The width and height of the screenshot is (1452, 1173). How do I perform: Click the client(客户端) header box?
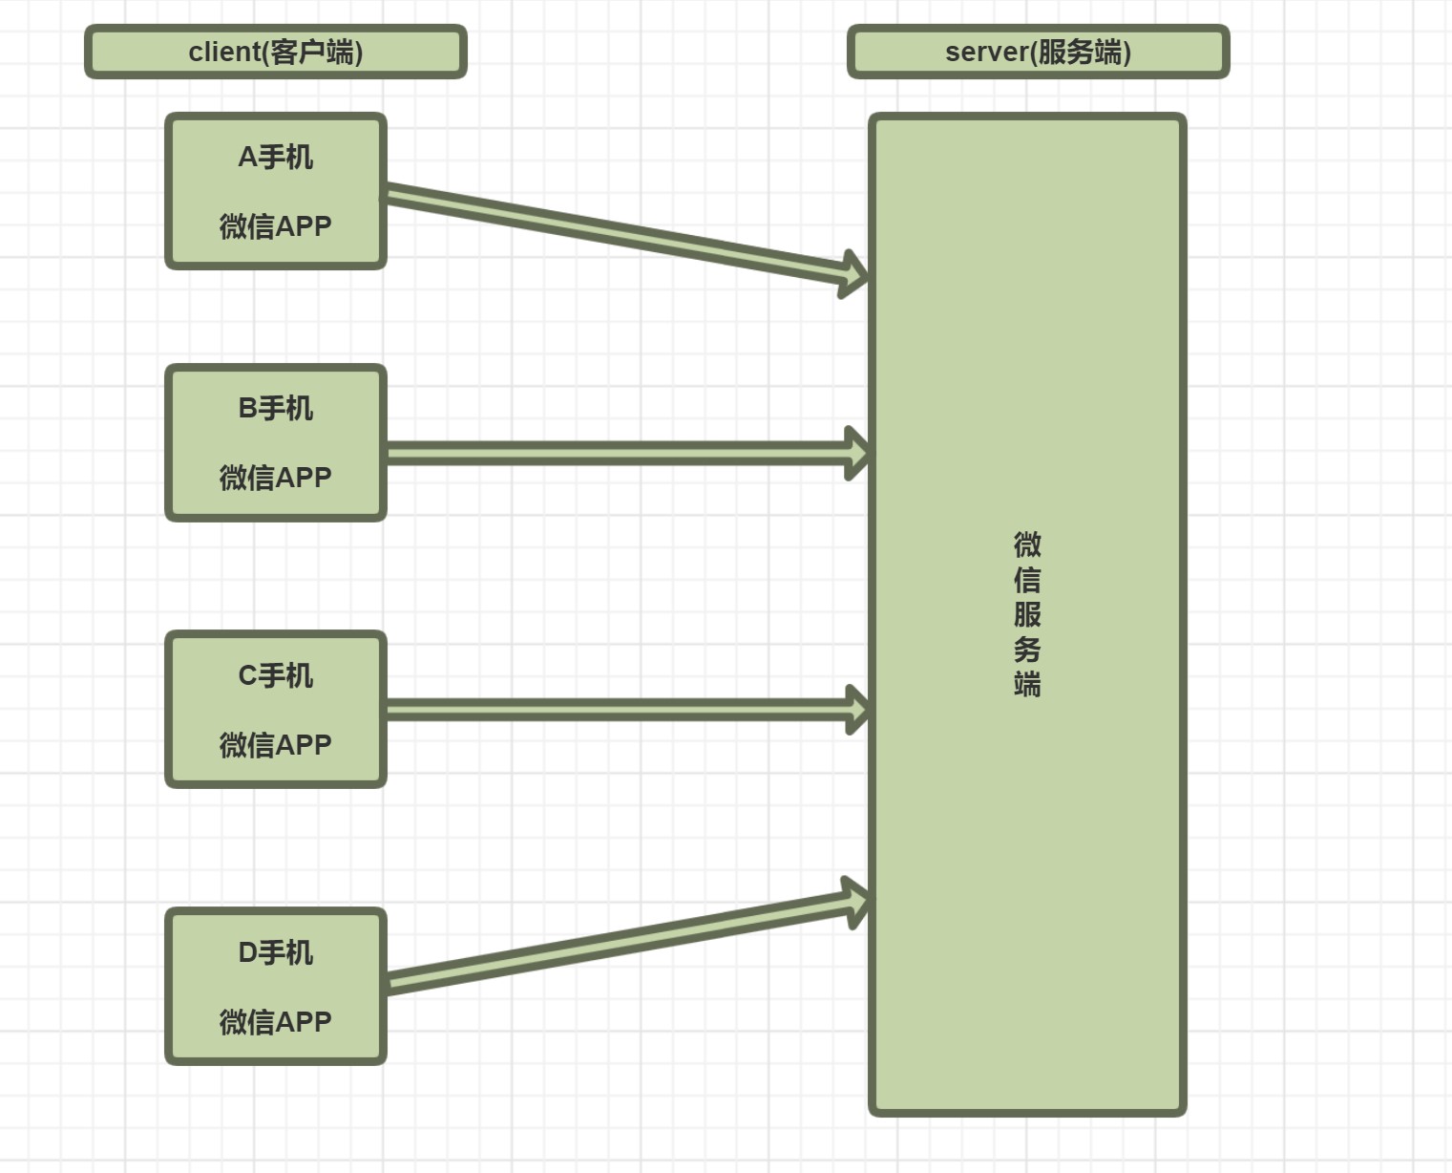(275, 52)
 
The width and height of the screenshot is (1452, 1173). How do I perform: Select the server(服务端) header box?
(1038, 52)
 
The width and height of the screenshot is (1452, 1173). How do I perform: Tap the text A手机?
(275, 157)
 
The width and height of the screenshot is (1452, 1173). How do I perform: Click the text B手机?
(275, 408)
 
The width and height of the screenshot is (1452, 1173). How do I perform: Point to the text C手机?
(275, 675)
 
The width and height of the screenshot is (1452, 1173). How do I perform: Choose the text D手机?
(275, 952)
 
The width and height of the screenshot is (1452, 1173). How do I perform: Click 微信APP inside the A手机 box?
(275, 226)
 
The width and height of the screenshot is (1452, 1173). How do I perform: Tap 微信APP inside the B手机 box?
(275, 477)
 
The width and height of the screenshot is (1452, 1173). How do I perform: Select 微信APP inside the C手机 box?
(275, 744)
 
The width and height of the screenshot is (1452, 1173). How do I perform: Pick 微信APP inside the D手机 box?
(275, 1021)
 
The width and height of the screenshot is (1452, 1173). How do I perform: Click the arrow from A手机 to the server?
(621, 233)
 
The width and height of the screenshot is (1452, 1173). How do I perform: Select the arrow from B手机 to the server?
(621, 453)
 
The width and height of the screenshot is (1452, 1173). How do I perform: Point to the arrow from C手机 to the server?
(621, 710)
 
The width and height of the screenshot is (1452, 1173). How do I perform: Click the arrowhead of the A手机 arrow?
(853, 275)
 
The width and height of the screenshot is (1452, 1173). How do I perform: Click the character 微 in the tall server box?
(1027, 544)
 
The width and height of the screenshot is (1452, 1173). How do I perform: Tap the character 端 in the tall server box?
(1027, 684)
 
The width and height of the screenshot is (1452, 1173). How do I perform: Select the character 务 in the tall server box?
(1027, 650)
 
